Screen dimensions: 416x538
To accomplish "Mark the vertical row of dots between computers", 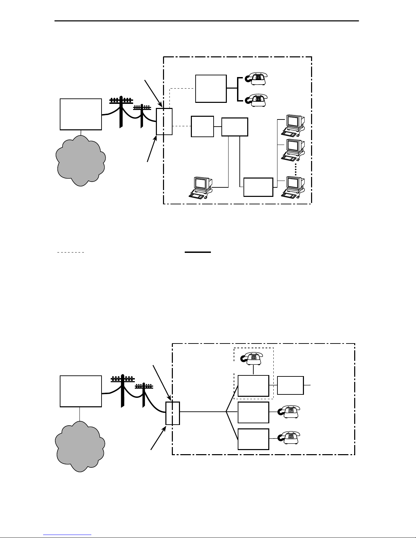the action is click(296, 168).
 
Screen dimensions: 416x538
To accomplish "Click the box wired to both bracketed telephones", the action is click(211, 89).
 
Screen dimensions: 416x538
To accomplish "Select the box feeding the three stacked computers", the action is click(258, 187).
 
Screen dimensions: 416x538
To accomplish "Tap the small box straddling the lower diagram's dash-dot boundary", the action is click(173, 413).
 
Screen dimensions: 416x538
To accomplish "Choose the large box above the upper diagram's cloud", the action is click(81, 114).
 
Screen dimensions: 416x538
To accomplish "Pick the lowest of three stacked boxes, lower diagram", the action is click(253, 439).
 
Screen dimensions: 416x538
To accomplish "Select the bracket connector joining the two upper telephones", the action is click(238, 89).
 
